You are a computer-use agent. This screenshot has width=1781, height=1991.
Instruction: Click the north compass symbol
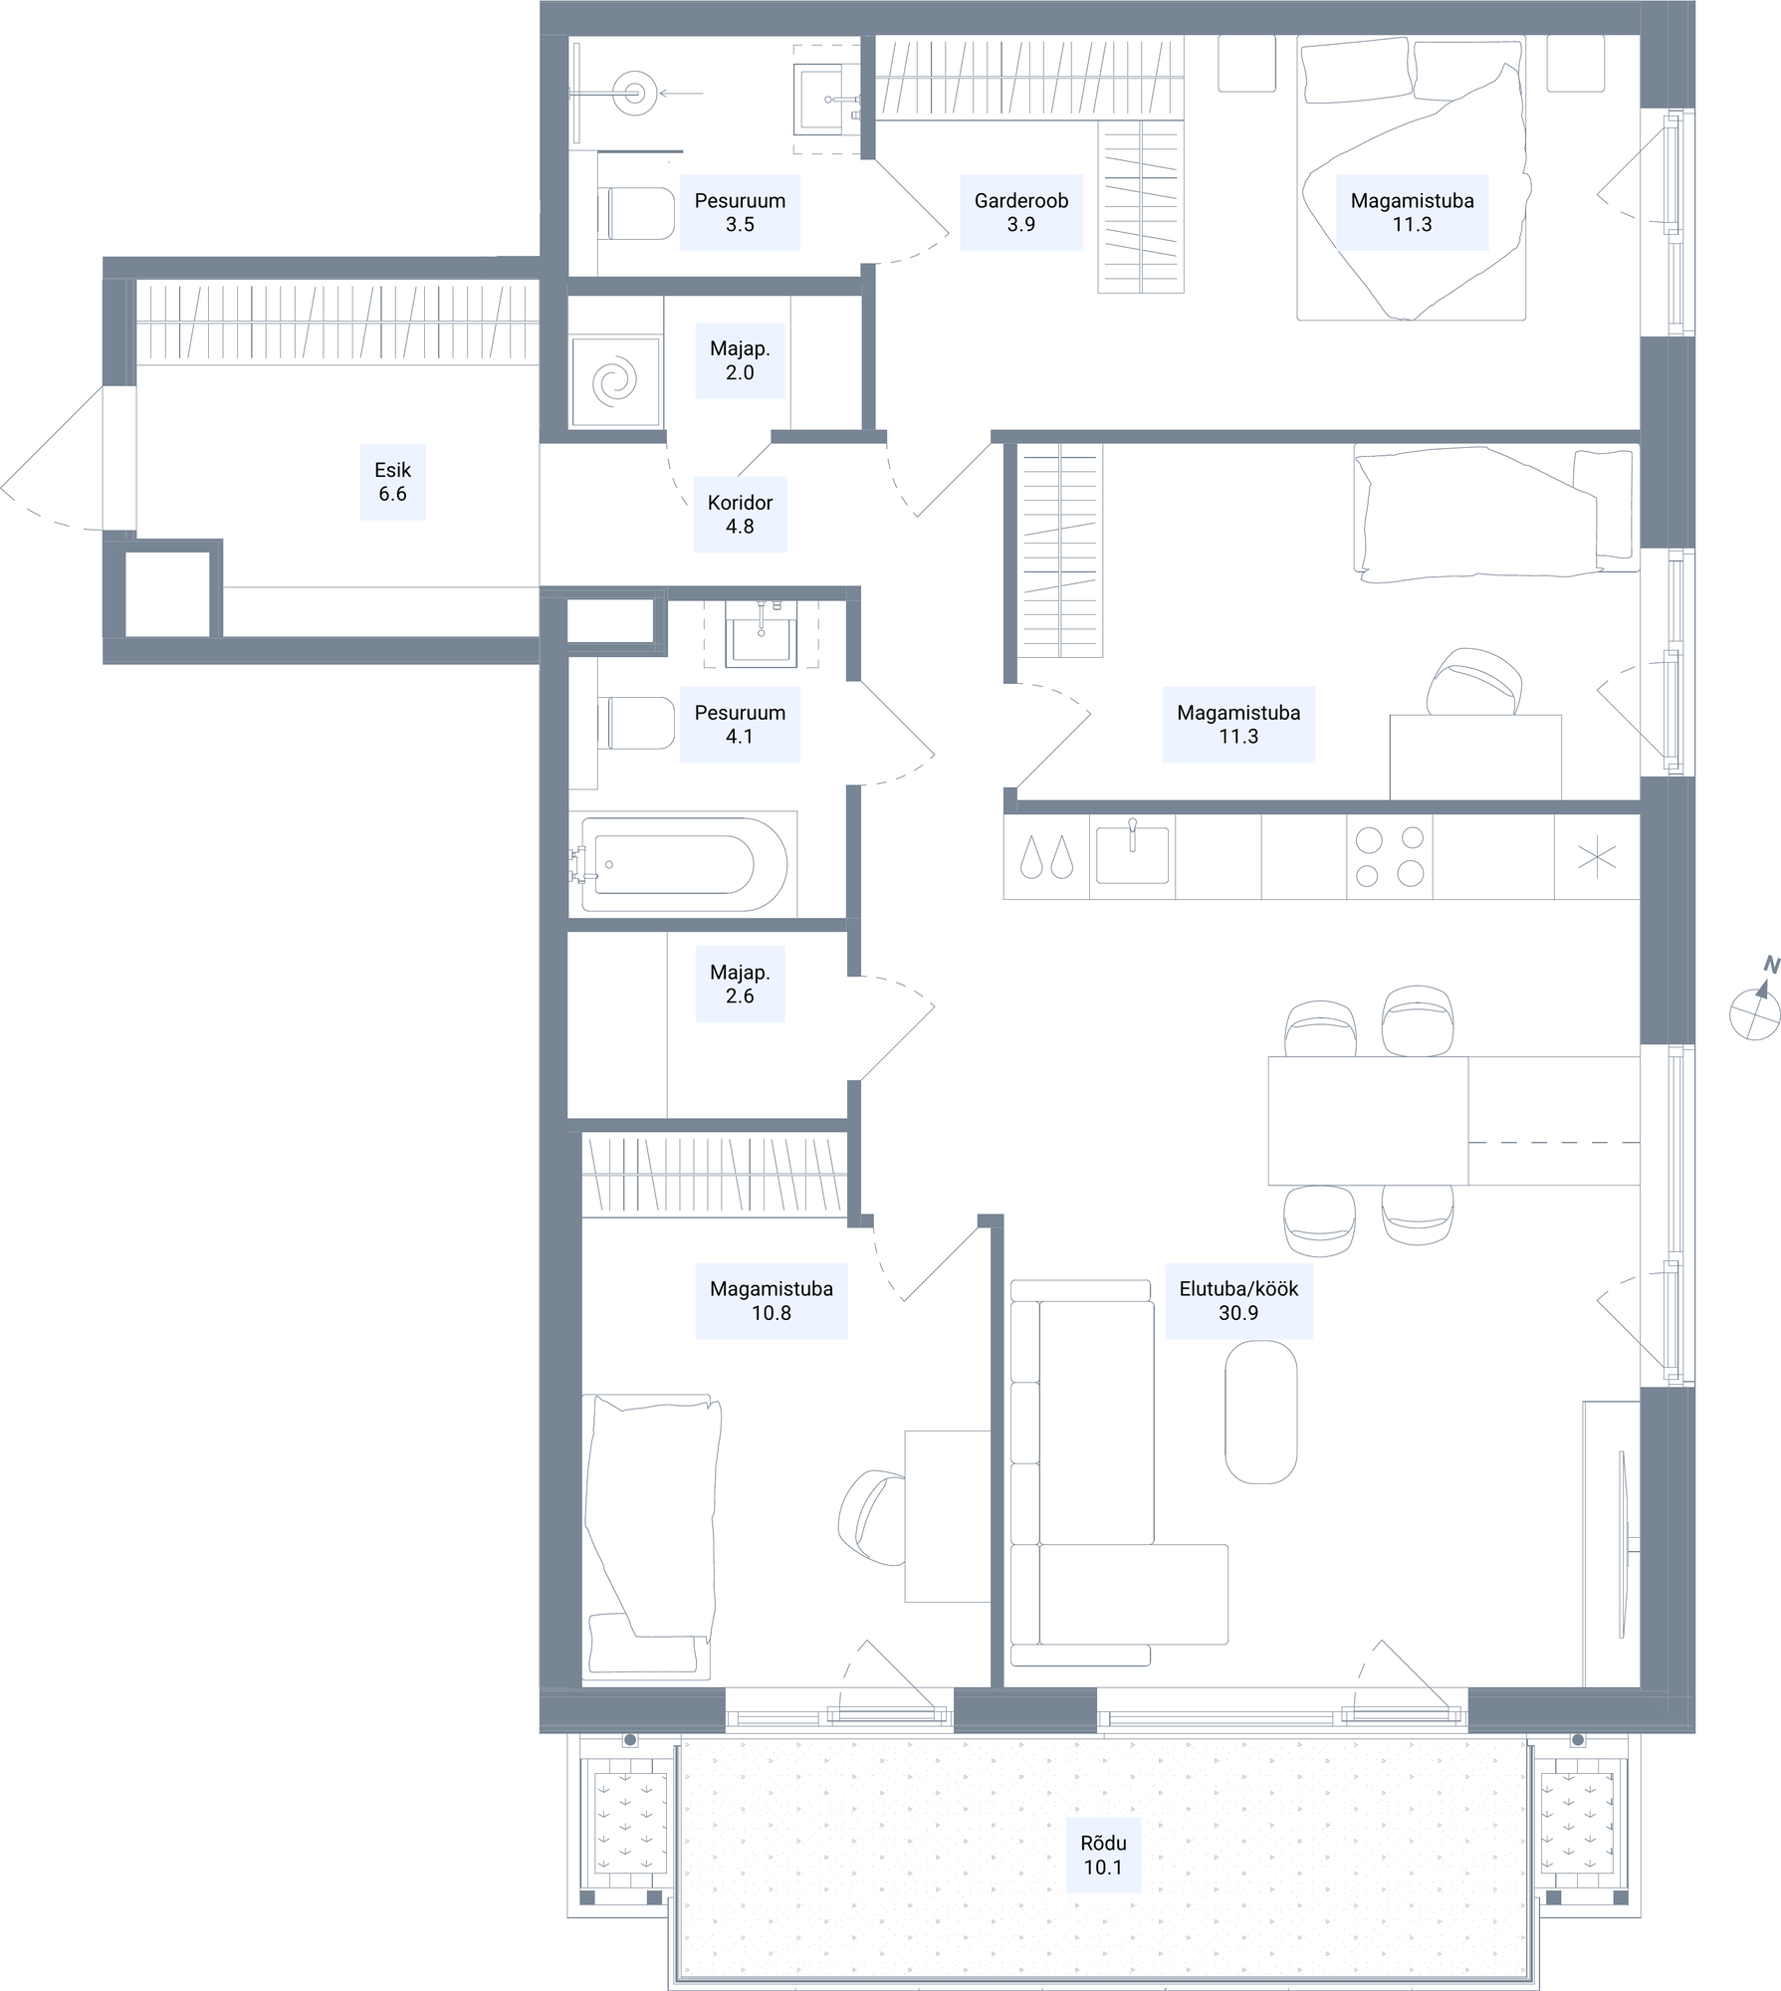click(1755, 1009)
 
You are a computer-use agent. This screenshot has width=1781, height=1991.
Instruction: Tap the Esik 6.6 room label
click(392, 482)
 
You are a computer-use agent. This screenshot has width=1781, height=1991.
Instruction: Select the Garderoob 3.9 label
click(1021, 212)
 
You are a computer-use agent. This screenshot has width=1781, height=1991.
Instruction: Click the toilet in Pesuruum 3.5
click(636, 214)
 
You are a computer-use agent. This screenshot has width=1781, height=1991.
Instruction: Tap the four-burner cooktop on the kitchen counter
click(1390, 857)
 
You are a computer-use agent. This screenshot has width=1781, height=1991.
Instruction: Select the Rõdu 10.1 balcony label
click(1103, 1855)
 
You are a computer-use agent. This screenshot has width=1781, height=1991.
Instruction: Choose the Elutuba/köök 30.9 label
click(1238, 1300)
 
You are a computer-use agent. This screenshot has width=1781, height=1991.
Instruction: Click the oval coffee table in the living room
click(1260, 1412)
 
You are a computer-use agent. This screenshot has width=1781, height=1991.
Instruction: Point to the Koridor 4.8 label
click(740, 515)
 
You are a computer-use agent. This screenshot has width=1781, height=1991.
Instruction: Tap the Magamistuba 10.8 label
click(772, 1300)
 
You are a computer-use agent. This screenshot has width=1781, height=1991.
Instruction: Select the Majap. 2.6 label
click(740, 985)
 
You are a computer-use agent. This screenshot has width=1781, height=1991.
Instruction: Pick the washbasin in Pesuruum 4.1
click(762, 634)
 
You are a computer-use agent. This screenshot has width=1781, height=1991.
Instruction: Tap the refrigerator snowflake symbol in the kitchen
click(1597, 857)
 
